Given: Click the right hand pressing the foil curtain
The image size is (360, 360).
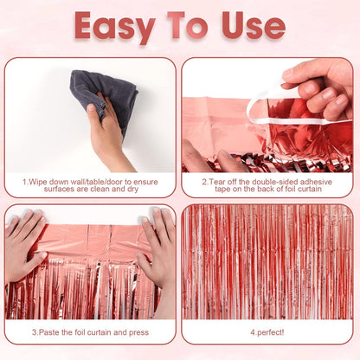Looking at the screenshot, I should click(157, 247).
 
